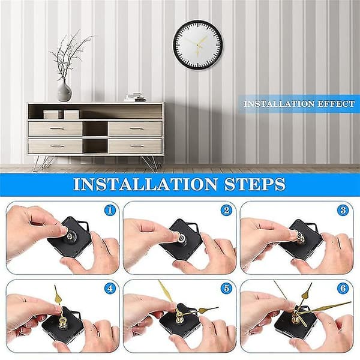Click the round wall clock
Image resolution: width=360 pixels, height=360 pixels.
coord(197,45)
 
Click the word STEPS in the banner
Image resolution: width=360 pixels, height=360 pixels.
coord(254,184)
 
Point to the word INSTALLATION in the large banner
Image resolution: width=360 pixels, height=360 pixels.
coord(145,184)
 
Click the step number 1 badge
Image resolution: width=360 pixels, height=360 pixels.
coord(110,211)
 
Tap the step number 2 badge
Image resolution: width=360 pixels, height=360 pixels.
coord(227,211)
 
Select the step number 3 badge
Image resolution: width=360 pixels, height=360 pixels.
coord(343,211)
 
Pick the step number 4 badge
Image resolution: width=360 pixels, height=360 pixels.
coord(110,289)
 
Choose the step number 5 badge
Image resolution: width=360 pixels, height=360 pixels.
coord(227,289)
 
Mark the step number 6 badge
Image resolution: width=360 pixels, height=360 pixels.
coord(343,289)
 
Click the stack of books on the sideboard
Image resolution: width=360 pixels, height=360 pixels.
coord(135,97)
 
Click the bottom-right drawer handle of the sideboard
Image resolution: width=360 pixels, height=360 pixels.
coord(136,146)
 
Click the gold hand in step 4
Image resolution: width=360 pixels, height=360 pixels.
coord(58,298)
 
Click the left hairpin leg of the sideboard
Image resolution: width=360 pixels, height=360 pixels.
coord(43,163)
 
